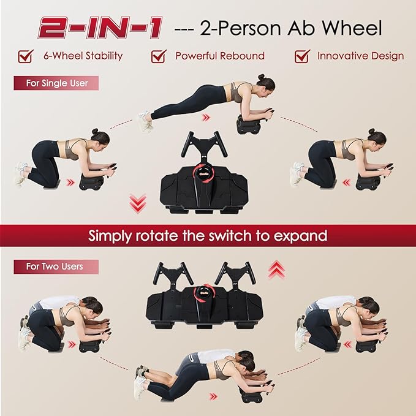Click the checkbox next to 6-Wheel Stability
click(x=26, y=56)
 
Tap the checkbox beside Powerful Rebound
click(x=159, y=56)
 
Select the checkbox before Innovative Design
click(x=302, y=56)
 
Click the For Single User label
click(x=56, y=83)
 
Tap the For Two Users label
click(x=55, y=267)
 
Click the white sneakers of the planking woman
click(x=145, y=121)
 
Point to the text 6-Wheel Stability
click(x=83, y=56)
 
